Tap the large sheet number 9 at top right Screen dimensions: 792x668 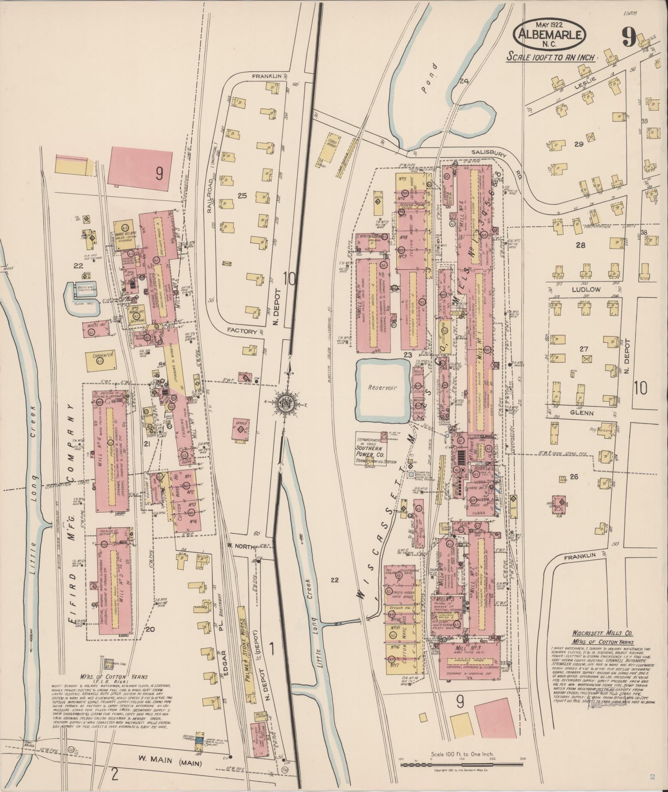(629, 40)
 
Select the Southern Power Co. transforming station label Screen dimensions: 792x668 (372, 450)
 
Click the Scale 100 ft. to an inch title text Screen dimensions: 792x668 (551, 58)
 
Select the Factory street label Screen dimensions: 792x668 (243, 331)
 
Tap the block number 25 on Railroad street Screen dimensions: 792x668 (242, 196)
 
